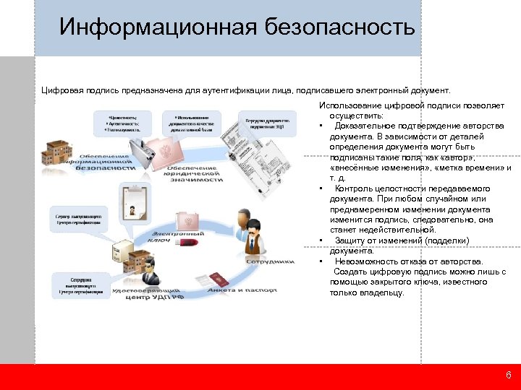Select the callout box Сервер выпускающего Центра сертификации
[x=81, y=220]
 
